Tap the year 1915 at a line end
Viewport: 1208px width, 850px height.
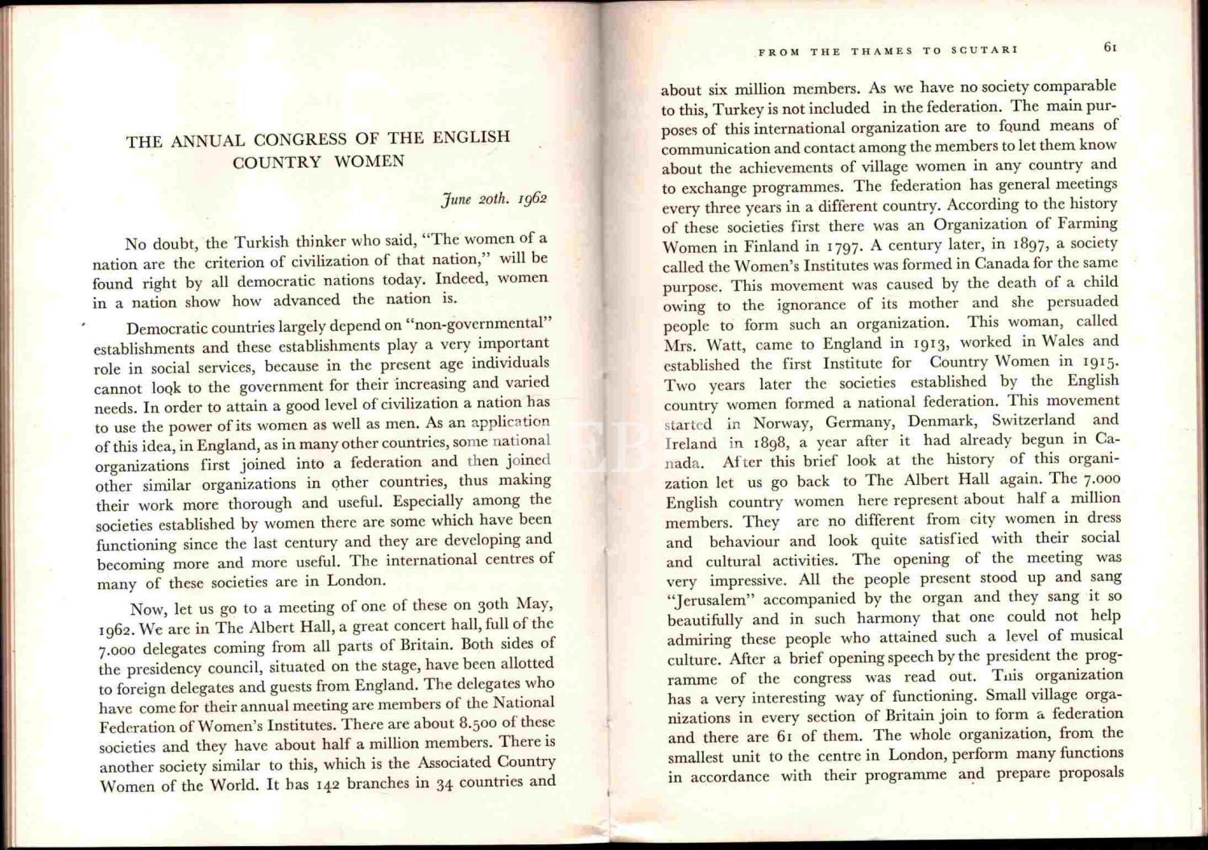pyautogui.click(x=1099, y=362)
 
